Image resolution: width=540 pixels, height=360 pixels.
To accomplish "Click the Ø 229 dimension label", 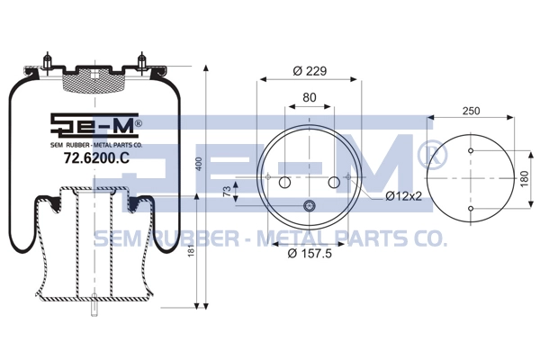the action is coord(310,71).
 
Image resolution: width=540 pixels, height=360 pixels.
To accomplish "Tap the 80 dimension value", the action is coord(310,97).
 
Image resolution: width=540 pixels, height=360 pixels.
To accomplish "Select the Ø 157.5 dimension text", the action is coord(310,254).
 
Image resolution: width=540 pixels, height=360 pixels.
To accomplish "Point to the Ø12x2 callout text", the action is coord(403,196).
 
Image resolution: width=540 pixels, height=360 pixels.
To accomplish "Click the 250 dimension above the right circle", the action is coord(471,111).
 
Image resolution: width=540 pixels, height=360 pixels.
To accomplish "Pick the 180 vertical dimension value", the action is coord(524,179).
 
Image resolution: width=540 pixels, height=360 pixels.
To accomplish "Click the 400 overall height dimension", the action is coord(199,165).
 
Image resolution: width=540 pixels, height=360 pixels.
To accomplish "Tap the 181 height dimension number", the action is coord(192,247).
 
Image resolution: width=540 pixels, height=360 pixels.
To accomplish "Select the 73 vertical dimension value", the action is coord(227,192).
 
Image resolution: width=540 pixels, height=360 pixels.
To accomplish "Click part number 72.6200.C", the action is coord(97,158).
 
